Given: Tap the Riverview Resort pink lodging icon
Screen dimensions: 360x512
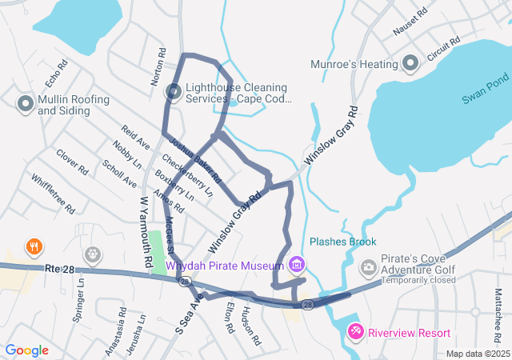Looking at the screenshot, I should coord(355,331).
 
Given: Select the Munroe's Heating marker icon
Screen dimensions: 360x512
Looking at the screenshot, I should coord(411,62).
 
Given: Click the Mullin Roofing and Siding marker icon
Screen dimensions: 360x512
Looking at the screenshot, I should coord(25,103).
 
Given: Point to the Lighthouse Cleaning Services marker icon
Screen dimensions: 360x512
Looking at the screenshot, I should coord(173,92).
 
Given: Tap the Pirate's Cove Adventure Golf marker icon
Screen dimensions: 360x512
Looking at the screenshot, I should coord(369,267).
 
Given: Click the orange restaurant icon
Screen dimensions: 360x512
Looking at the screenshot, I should coord(34,246).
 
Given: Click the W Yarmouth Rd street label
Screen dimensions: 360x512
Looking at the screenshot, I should coord(145,232).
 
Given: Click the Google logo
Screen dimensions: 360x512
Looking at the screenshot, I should coord(27,350).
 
